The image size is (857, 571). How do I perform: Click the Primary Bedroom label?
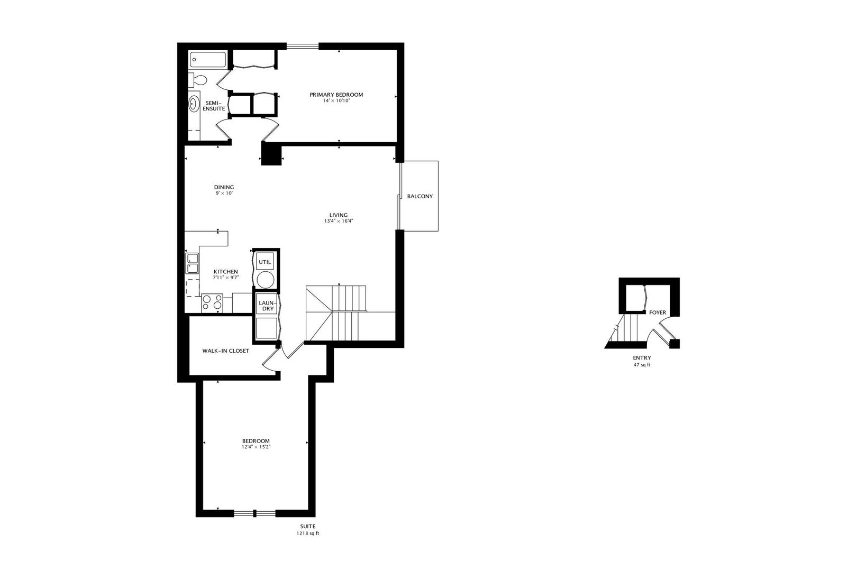tap(336, 95)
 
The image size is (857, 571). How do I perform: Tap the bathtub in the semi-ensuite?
tap(207, 59)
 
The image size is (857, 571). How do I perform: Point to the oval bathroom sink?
tap(194, 104)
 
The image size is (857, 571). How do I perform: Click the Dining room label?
tap(224, 187)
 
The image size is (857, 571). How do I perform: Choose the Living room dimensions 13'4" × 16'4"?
tap(339, 221)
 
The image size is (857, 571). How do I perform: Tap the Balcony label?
tap(420, 196)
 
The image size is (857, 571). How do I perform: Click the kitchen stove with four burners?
tap(212, 302)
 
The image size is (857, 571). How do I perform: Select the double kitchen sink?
tap(192, 263)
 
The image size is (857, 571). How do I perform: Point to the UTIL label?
tap(265, 262)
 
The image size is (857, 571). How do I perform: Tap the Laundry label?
tap(266, 306)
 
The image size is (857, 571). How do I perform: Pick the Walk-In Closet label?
tap(225, 351)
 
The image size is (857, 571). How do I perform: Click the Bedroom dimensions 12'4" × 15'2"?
tap(256, 447)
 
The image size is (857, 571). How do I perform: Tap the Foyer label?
tap(658, 312)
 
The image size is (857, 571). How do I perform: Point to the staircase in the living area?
tap(336, 312)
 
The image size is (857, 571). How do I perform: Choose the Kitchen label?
tap(225, 272)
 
